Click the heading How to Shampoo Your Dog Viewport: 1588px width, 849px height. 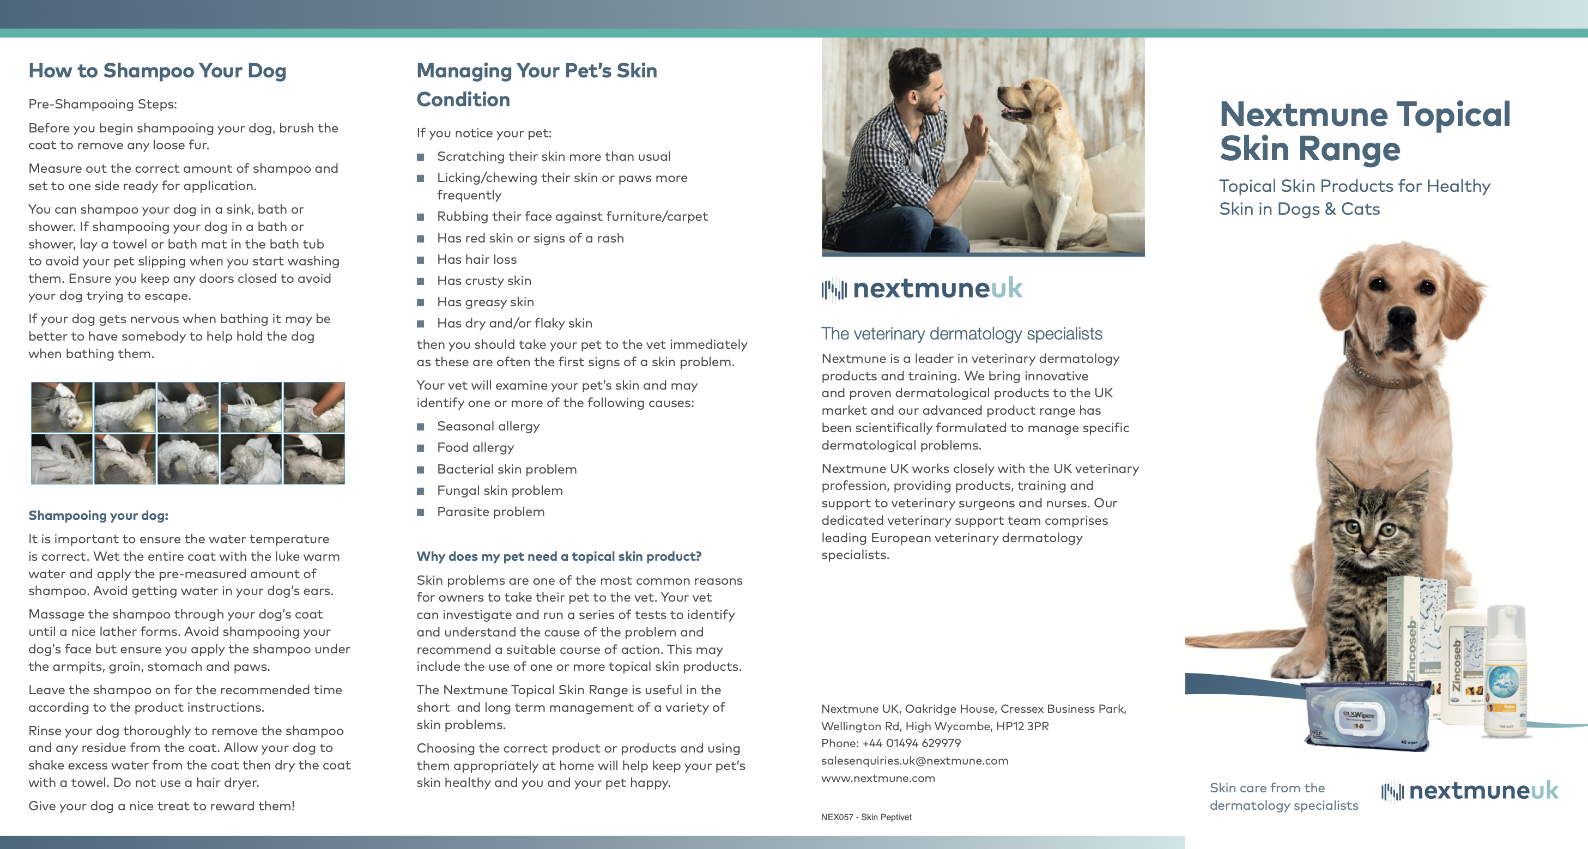pos(157,71)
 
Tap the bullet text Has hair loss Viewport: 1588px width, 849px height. pos(476,259)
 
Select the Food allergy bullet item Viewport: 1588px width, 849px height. pos(475,447)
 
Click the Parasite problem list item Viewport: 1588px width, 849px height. pos(490,512)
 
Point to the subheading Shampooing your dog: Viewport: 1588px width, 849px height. pos(98,516)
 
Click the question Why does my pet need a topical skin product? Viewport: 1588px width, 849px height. pos(559,556)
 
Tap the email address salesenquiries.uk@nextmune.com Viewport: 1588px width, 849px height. pos(914,761)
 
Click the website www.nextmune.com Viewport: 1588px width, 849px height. pos(878,778)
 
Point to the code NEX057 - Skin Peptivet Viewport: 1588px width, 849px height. pos(866,817)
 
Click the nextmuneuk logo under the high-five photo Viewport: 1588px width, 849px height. pos(922,288)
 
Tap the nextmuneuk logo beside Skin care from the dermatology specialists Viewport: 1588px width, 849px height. pos(1470,791)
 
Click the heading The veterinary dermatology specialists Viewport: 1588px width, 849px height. pos(961,333)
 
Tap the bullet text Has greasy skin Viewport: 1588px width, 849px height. pos(485,302)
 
